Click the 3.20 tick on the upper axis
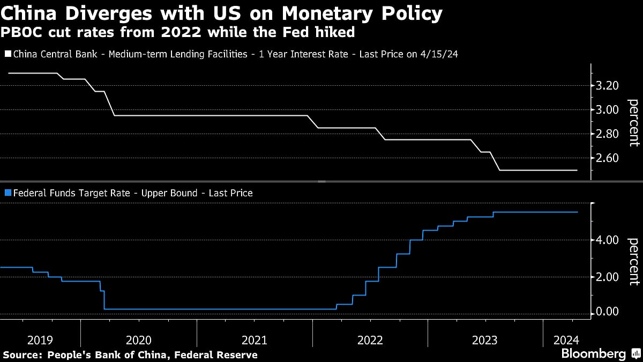pyautogui.click(x=608, y=86)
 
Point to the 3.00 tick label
pyautogui.click(x=608, y=110)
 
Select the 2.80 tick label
pyautogui.click(x=608, y=134)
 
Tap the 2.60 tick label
pyautogui.click(x=608, y=158)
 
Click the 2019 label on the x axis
pyautogui.click(x=40, y=340)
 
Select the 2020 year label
pyautogui.click(x=139, y=340)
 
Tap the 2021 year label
pyautogui.click(x=255, y=340)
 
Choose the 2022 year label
pyautogui.click(x=370, y=340)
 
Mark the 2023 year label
pyautogui.click(x=485, y=340)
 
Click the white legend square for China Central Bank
pyautogui.click(x=8, y=54)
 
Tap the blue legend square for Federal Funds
pyautogui.click(x=8, y=193)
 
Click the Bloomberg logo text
pyautogui.click(x=593, y=354)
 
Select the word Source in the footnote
pyautogui.click(x=22, y=355)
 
